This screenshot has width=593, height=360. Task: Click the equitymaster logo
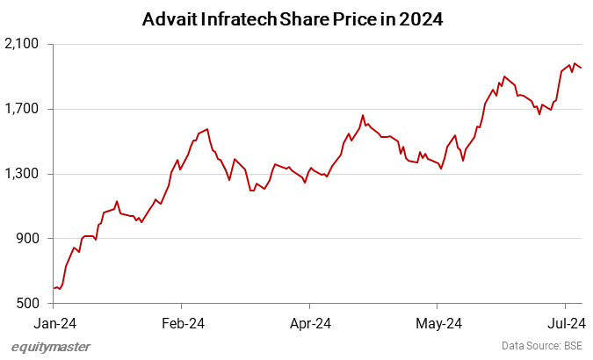pyautogui.click(x=50, y=346)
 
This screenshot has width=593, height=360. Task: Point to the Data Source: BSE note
pyautogui.click(x=541, y=346)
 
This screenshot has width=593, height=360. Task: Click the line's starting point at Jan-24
pyautogui.click(x=54, y=288)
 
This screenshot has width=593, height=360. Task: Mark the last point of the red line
pyautogui.click(x=581, y=68)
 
